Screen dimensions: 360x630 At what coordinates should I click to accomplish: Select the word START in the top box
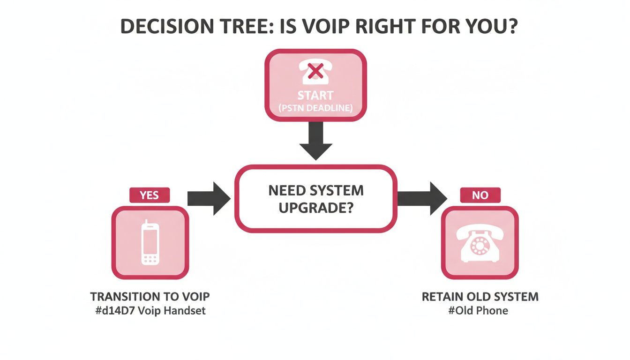315,96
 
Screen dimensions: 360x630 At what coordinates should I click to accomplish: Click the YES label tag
149,195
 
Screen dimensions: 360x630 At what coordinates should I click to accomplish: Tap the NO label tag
480,195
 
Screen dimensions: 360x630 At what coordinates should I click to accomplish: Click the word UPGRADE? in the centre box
315,207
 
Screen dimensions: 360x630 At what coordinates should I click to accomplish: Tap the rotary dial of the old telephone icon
480,245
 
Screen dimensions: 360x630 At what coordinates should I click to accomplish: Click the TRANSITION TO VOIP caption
150,297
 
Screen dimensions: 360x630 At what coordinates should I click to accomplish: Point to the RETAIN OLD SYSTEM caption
480,297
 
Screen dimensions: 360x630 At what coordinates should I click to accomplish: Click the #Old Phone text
478,310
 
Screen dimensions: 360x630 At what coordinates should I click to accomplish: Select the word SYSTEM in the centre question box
337,191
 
